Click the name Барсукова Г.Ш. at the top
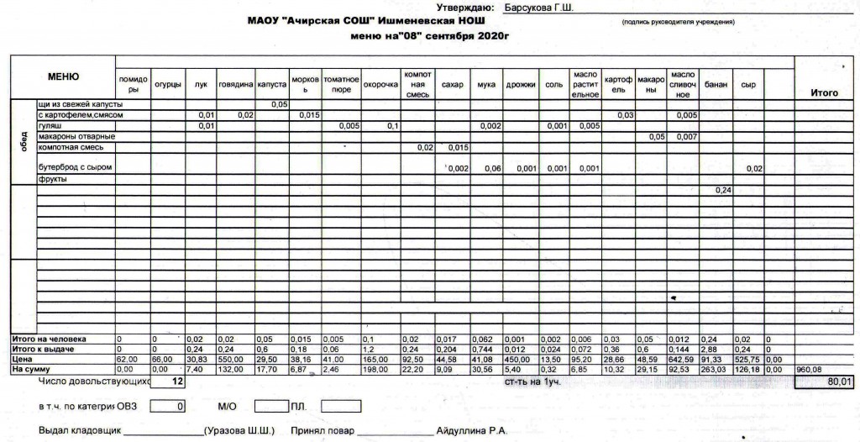point(538,8)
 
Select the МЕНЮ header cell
point(64,77)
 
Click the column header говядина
point(236,85)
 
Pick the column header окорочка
point(380,85)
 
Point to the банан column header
point(715,85)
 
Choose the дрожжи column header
point(521,85)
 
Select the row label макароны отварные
point(76,136)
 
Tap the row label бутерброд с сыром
point(75,167)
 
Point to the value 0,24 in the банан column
point(724,191)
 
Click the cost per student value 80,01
point(839,381)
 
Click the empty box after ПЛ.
point(340,407)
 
